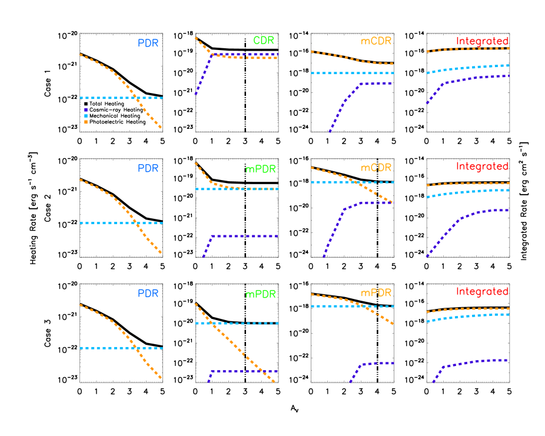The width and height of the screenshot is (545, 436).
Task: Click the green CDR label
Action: tap(264, 41)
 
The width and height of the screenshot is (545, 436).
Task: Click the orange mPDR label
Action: tap(376, 292)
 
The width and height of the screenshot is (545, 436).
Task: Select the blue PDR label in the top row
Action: tap(148, 43)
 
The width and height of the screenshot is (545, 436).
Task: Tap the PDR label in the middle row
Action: tap(148, 168)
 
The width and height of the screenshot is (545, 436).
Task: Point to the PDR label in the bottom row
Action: tap(148, 294)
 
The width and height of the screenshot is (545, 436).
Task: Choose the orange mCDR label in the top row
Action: tap(376, 41)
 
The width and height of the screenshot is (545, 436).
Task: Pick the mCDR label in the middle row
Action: tap(376, 168)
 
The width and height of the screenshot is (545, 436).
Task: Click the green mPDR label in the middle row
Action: tap(260, 169)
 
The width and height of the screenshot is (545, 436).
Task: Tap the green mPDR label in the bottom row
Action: tap(260, 294)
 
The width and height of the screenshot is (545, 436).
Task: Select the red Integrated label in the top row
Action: tap(482, 41)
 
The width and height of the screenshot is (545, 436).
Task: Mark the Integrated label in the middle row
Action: tap(482, 167)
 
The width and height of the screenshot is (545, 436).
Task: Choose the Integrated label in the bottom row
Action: tap(482, 292)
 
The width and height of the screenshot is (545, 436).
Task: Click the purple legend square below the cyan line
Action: tap(86, 110)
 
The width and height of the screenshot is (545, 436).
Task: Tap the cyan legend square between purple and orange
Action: tap(86, 116)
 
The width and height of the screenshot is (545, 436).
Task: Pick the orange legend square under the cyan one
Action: tap(86, 122)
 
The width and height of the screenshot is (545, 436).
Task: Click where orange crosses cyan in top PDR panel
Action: tap(134, 98)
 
